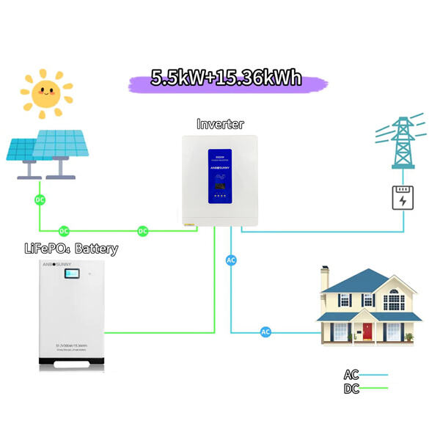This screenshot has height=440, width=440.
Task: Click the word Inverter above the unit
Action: coord(220,124)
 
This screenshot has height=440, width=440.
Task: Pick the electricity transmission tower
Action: coord(401,143)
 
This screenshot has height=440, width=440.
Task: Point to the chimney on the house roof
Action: coord(323,279)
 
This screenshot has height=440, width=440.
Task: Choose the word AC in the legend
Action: coord(351,374)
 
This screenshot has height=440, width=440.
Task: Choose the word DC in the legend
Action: coord(351,388)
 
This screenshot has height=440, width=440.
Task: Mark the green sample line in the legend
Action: coord(374,389)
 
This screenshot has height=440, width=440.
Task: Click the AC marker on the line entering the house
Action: coord(265,332)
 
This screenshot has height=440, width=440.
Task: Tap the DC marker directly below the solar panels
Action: coord(40,199)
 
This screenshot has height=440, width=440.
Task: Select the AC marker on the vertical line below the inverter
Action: coord(231,260)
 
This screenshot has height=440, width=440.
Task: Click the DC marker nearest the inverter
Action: coord(143,231)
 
